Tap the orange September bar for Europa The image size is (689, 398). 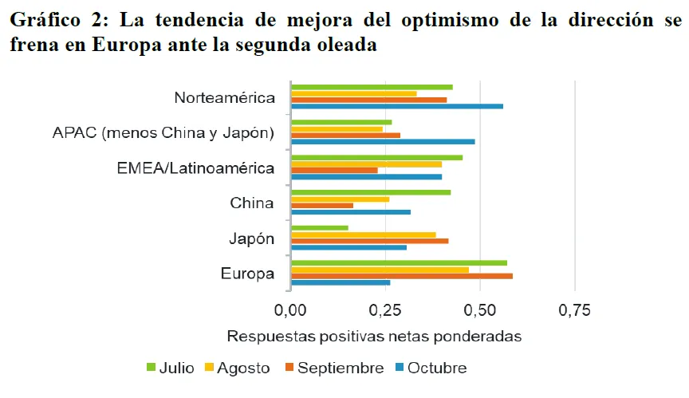pyautogui.click(x=402, y=276)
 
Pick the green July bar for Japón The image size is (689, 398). pyautogui.click(x=320, y=227)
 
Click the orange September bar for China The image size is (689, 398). pyautogui.click(x=322, y=205)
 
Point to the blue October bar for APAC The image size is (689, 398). pyautogui.click(x=383, y=141)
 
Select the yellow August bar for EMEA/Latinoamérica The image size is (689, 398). pyautogui.click(x=366, y=164)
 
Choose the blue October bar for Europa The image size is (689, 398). pyautogui.click(x=341, y=282)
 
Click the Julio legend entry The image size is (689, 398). pyautogui.click(x=170, y=368)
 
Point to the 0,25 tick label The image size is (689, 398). pyautogui.click(x=385, y=309)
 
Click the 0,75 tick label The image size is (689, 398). pyautogui.click(x=574, y=309)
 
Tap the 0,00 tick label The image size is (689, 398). pyautogui.click(x=291, y=309)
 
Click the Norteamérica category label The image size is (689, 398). pyautogui.click(x=224, y=98)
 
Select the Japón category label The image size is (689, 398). pyautogui.click(x=252, y=238)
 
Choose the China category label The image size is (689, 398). pyautogui.click(x=252, y=203)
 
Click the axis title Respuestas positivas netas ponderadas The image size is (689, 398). pyautogui.click(x=374, y=336)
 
